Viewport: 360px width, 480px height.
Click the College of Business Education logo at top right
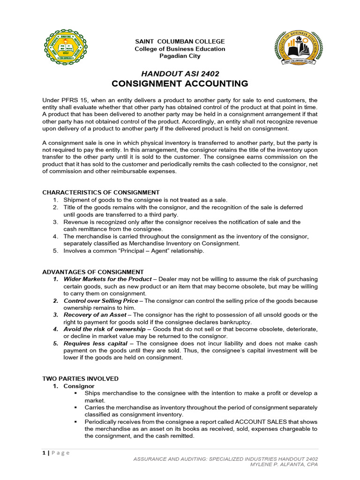click(298, 49)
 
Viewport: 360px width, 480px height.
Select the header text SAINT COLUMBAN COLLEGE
click(180, 42)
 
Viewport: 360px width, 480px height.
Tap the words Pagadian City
click(180, 56)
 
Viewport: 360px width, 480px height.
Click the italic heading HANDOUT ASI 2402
click(180, 74)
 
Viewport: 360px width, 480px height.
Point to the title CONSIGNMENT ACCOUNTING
click(180, 84)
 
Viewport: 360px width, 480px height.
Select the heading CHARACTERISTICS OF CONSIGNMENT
click(101, 192)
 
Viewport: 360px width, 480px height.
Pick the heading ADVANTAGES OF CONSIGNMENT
click(93, 272)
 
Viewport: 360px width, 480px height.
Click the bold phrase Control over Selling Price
click(101, 301)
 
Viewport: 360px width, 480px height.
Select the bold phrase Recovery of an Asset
click(96, 315)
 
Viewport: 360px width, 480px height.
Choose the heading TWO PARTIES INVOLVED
click(80, 378)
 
